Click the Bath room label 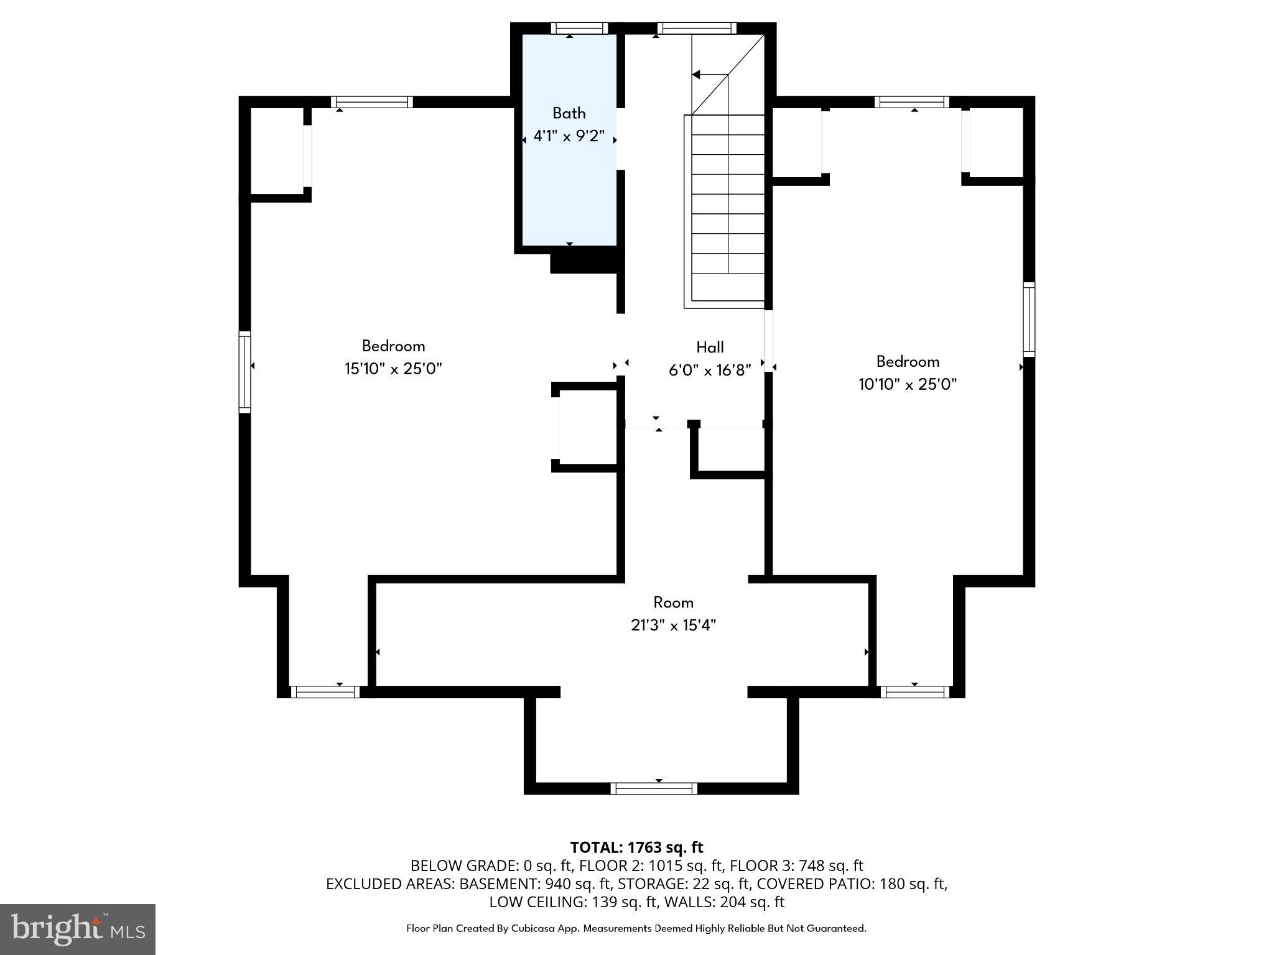click(569, 113)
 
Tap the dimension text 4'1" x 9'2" click(569, 136)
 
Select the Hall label click(709, 347)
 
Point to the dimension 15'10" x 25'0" click(393, 369)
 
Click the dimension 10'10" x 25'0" click(907, 384)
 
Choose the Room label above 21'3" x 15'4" click(673, 602)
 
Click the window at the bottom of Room click(653, 788)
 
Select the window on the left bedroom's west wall click(245, 372)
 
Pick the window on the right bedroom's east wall click(1029, 320)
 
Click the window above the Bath click(579, 28)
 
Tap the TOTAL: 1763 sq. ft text click(636, 847)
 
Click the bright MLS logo click(77, 929)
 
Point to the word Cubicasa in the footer click(533, 928)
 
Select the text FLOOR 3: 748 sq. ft click(796, 865)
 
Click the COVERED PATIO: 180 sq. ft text click(852, 883)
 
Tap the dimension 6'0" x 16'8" click(709, 371)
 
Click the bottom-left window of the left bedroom click(325, 692)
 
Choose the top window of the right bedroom click(912, 102)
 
